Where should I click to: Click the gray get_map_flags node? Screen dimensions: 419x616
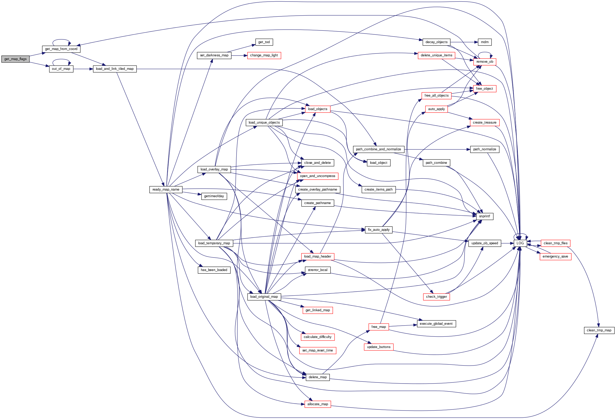coord(15,59)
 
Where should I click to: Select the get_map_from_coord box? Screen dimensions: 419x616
coord(61,49)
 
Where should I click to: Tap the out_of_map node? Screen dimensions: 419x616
coord(61,69)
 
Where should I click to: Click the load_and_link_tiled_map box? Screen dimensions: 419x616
coord(114,69)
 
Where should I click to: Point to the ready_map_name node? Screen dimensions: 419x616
coord(166,190)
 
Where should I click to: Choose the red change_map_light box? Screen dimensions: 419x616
coord(264,56)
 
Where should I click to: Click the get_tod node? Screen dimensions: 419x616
coord(264,42)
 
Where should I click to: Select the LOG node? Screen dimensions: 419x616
coord(520,243)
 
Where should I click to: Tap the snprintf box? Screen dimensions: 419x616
coord(485,217)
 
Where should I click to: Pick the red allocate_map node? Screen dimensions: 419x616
coord(318,404)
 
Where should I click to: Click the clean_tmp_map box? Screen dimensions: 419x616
coord(599,330)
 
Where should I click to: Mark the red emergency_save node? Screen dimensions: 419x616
coord(555,256)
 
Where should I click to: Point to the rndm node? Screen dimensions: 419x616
coord(485,42)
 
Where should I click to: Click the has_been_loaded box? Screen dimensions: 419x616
coord(214,270)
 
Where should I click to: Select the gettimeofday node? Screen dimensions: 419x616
coord(214,196)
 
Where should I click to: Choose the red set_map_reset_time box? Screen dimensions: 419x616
coord(318,350)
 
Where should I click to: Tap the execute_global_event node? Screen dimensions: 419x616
coord(436,324)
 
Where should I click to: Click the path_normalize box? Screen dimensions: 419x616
coord(485,149)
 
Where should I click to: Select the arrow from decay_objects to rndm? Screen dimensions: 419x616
coord(464,42)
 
